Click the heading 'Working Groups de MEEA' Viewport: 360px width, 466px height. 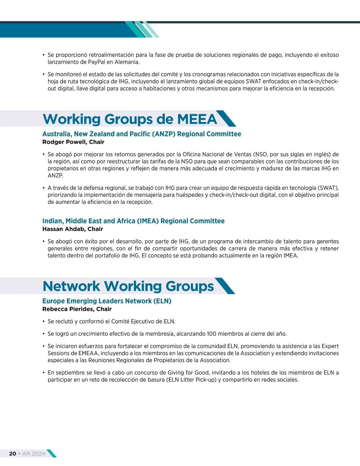pos(130,119)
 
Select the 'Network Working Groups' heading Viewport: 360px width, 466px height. pos(128,286)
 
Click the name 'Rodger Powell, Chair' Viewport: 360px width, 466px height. pos(73,142)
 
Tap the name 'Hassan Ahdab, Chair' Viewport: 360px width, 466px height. pos(73,229)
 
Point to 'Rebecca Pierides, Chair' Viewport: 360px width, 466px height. pos(77,309)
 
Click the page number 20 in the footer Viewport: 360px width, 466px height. pos(13,453)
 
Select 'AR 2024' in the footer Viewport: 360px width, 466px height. pos(34,453)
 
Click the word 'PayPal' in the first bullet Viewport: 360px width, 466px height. pos(97,62)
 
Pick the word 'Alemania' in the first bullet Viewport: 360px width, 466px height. pos(127,62)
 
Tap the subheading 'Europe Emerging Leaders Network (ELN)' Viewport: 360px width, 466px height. pos(107,301)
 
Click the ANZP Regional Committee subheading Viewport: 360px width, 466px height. pos(142,134)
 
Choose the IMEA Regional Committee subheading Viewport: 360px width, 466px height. pos(133,221)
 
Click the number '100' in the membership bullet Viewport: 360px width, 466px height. pos(211,334)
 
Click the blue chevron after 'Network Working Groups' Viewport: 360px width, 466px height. pos(225,286)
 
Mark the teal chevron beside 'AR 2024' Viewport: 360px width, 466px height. pos(52,453)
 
